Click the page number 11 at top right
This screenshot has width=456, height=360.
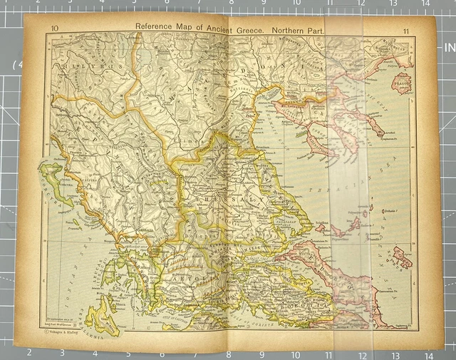(x=405, y=30)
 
